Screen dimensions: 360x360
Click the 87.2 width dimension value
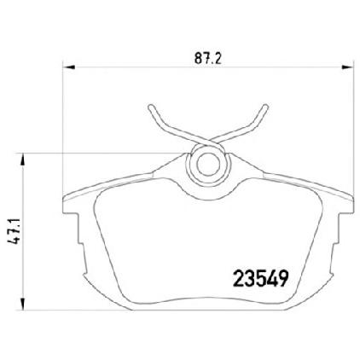tap(207, 58)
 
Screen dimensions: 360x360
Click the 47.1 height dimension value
tap(14, 231)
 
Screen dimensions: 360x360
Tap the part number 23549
tap(260, 279)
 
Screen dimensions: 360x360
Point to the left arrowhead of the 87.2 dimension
tap(68, 67)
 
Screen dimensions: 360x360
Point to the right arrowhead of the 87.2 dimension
tap(347, 67)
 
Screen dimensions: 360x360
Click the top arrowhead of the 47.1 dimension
tap(23, 160)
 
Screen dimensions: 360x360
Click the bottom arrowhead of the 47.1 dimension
tap(23, 304)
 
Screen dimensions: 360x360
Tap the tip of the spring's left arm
tap(151, 107)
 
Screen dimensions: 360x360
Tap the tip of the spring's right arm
tap(265, 107)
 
